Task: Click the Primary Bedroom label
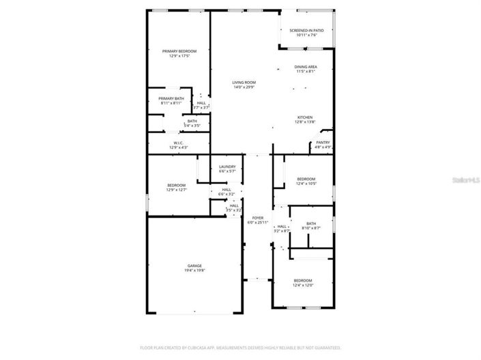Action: (179, 51)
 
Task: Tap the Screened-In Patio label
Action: (306, 31)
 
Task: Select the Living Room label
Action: (244, 82)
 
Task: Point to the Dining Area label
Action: (306, 67)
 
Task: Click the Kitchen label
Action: (305, 117)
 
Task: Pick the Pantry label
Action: (323, 142)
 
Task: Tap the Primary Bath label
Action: (171, 99)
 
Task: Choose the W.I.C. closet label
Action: (179, 142)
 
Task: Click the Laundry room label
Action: (227, 167)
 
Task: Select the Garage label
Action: (195, 266)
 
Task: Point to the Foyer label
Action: (257, 218)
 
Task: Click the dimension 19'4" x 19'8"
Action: (195, 271)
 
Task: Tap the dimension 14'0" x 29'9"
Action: (244, 87)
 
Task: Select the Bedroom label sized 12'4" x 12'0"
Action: (303, 281)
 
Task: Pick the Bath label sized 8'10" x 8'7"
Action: (311, 224)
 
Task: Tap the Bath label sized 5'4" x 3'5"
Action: (192, 121)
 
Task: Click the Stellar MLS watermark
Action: (467, 180)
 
